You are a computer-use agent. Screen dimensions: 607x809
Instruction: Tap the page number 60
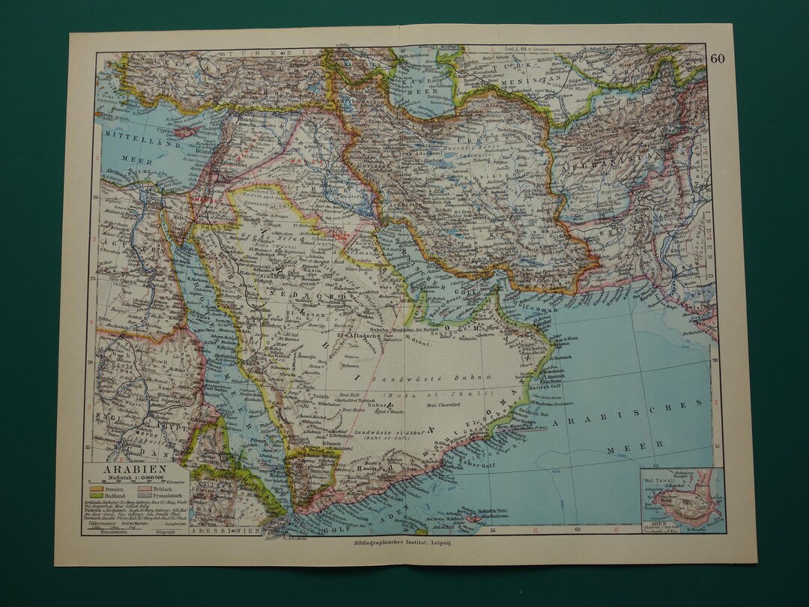coord(717,58)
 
